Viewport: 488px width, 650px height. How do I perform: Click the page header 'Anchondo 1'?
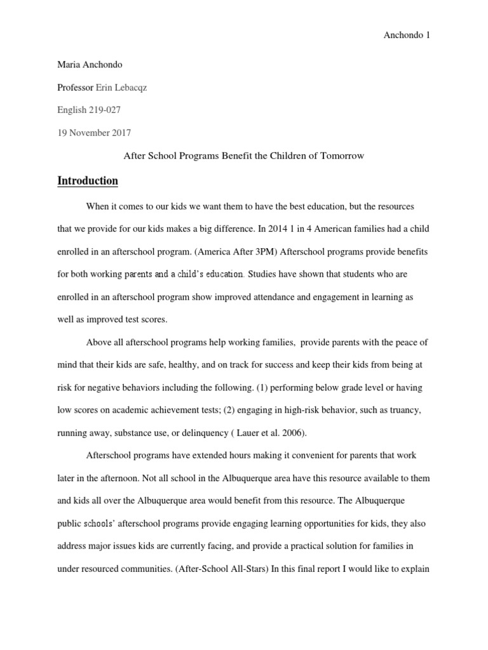point(407,36)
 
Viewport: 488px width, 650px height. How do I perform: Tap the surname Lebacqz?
point(131,88)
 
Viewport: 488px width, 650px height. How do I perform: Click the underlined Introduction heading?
point(88,181)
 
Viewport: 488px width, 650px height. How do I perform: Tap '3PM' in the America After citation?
point(256,251)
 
